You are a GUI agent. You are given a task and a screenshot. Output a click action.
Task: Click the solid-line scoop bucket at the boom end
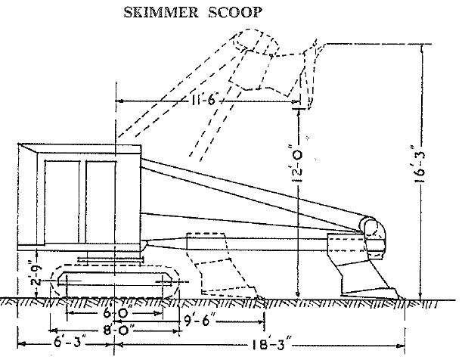360,265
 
